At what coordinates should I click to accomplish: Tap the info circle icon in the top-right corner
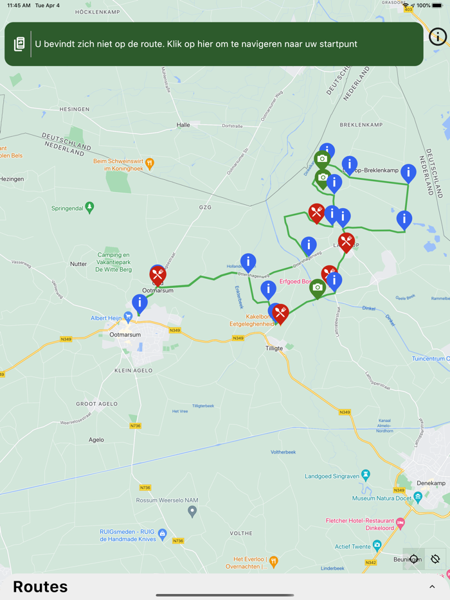438,37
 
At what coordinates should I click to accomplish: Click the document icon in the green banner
19,44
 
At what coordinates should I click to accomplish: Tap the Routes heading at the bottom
40,587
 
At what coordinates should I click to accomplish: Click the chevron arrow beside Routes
432,587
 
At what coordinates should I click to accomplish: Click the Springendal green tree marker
89,207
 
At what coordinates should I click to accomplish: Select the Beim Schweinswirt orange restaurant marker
150,163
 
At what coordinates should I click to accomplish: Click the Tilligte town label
274,348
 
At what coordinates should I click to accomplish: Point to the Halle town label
183,125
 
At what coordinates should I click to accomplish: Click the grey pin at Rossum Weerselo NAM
192,511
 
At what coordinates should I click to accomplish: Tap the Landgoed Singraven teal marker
366,475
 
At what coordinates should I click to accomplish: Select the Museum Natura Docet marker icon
418,497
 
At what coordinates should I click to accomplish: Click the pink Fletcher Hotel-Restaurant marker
401,524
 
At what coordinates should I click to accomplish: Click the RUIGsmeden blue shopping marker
162,533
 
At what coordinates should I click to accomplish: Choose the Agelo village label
96,440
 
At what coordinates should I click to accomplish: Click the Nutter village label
78,264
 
